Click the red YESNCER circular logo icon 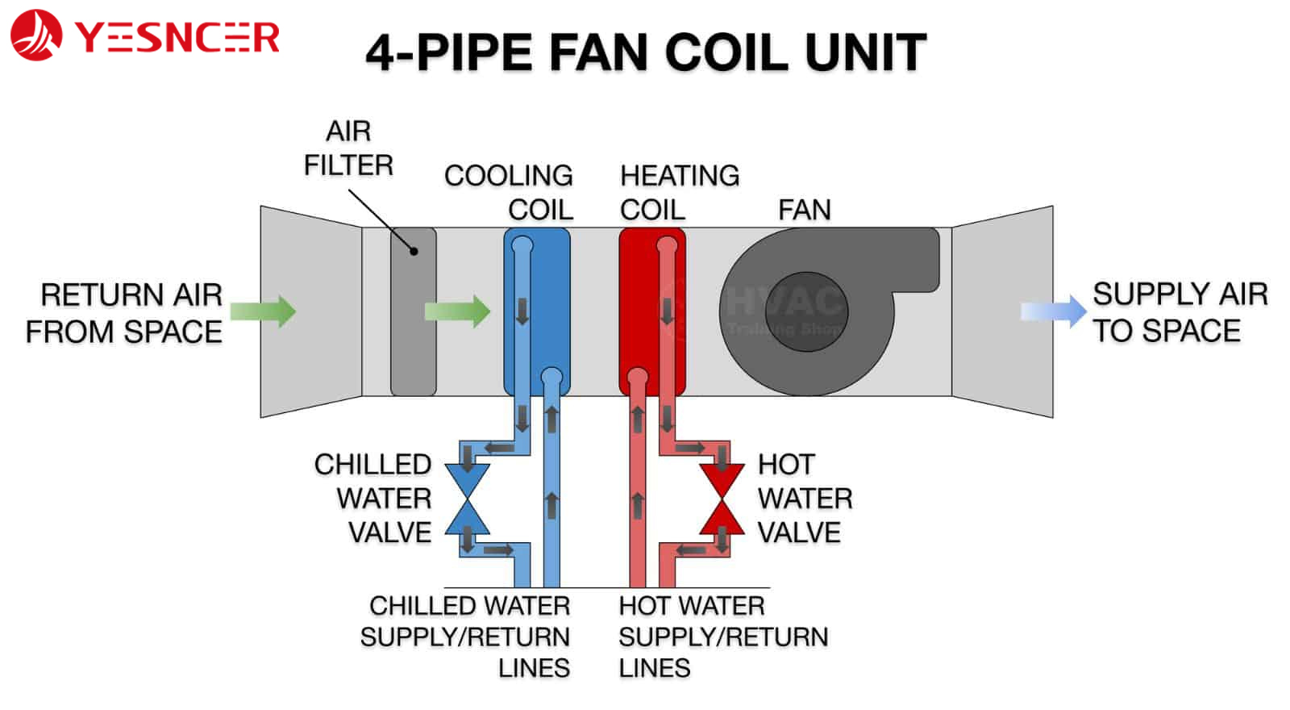(36, 35)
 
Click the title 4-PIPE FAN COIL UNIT (646, 53)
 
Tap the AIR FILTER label (348, 148)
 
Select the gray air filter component (413, 311)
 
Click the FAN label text (804, 210)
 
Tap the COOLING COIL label (510, 192)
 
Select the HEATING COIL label (679, 192)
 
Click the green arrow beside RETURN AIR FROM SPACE (263, 311)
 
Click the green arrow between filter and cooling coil (457, 311)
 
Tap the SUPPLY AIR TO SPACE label (1180, 312)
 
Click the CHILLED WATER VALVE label (374, 499)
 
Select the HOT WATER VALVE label (804, 499)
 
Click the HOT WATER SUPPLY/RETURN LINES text (722, 637)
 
